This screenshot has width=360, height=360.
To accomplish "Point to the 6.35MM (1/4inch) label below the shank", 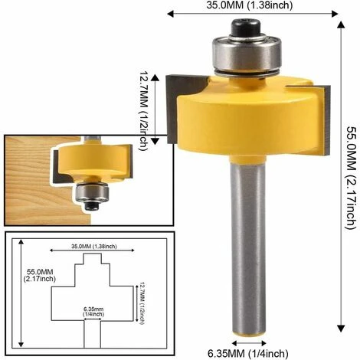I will tap(249, 352).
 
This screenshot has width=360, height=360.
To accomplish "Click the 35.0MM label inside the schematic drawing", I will tap(83, 247).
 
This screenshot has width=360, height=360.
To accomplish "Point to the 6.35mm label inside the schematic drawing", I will tap(92, 311).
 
